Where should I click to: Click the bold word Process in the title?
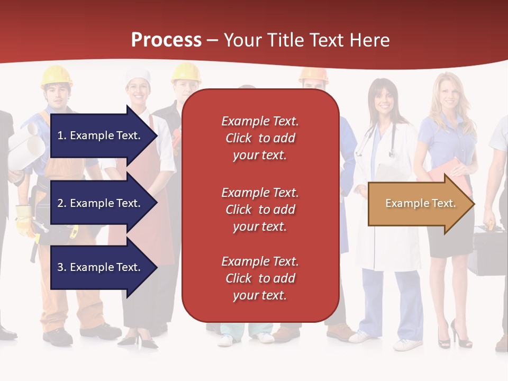coord(166,40)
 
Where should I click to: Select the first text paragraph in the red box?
coord(260,138)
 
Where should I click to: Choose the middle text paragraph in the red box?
coord(260,210)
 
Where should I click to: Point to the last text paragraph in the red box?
coord(260,278)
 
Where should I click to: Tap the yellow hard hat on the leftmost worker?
coord(56,76)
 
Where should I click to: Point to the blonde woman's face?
coord(448,97)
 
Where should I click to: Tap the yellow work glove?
coord(24,220)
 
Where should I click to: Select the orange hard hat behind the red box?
coord(313,75)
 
